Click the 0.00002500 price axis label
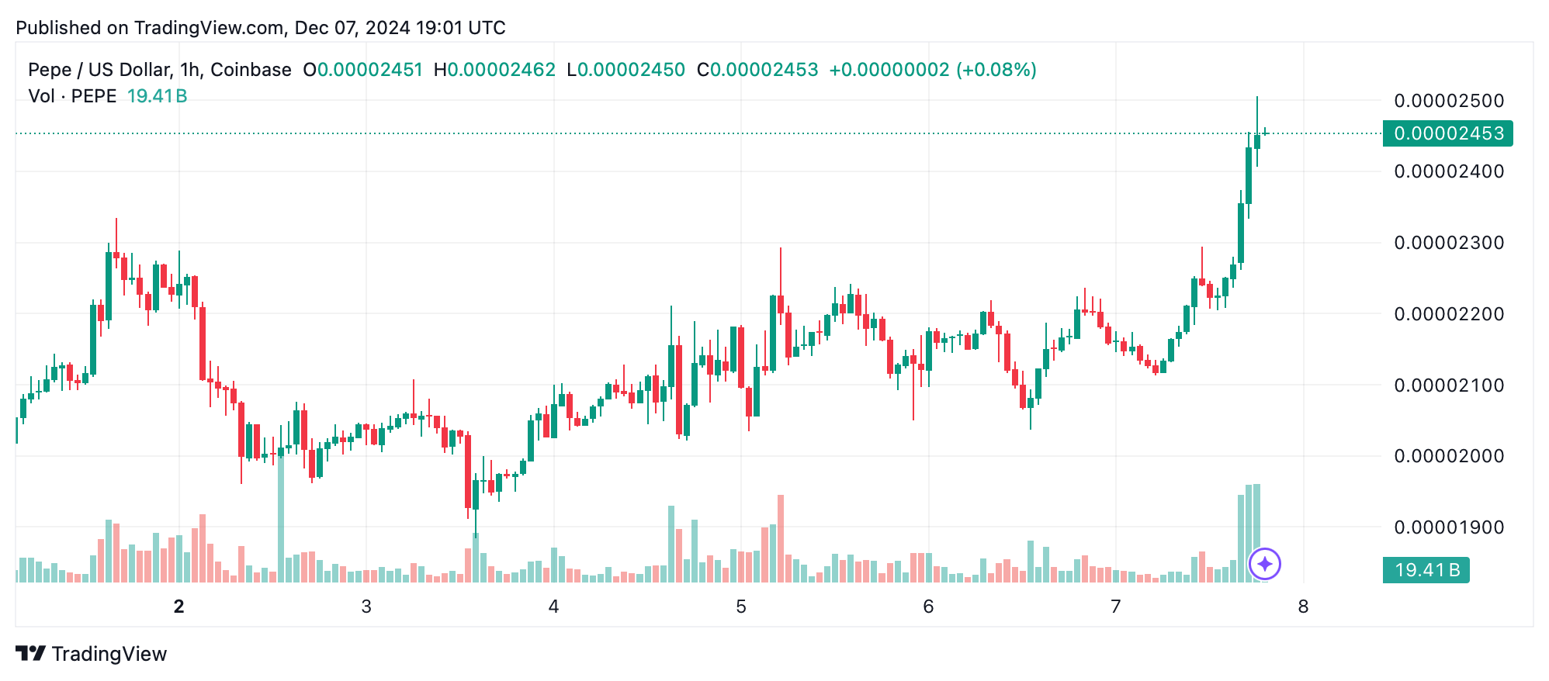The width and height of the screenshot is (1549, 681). [x=1449, y=101]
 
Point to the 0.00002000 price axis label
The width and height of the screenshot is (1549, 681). [x=1449, y=456]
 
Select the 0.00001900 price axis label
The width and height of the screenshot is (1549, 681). [x=1449, y=527]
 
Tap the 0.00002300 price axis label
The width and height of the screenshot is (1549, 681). [x=1449, y=243]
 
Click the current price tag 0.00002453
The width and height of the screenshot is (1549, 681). [x=1448, y=133]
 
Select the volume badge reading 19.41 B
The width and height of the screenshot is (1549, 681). [x=1426, y=570]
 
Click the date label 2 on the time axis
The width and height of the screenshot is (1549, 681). [x=179, y=607]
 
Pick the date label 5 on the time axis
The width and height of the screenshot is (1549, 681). [x=741, y=607]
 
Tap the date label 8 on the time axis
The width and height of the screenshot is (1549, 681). [x=1303, y=607]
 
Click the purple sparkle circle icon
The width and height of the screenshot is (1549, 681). [x=1265, y=564]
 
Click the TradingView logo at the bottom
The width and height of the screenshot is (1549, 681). [x=92, y=654]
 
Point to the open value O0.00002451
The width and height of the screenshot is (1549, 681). [x=362, y=70]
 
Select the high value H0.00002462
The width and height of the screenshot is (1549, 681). [x=494, y=70]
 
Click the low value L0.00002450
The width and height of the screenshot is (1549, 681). [x=626, y=70]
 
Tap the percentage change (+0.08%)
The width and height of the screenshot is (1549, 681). [x=996, y=70]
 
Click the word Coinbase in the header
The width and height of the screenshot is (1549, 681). [x=251, y=70]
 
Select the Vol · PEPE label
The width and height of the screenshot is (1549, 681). [x=72, y=96]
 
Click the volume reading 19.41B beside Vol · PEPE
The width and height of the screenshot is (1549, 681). [x=157, y=96]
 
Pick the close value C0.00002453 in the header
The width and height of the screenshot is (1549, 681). [x=757, y=70]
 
